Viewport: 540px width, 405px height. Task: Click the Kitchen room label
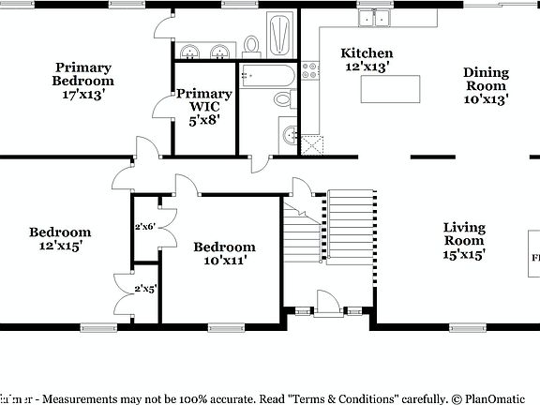point(367,60)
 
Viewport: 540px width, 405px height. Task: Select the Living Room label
point(464,241)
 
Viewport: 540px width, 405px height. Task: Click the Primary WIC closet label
point(203,106)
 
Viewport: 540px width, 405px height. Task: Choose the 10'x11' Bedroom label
point(224,254)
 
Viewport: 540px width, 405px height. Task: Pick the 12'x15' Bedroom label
point(59,239)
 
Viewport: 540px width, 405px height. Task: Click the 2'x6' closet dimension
point(144,227)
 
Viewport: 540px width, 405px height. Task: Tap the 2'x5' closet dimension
point(144,289)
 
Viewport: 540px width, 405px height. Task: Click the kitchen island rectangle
point(388,89)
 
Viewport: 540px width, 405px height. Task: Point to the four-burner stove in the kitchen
point(310,74)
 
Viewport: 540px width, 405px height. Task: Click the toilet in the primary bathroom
point(251,43)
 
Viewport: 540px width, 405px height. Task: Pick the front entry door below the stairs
point(326,302)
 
